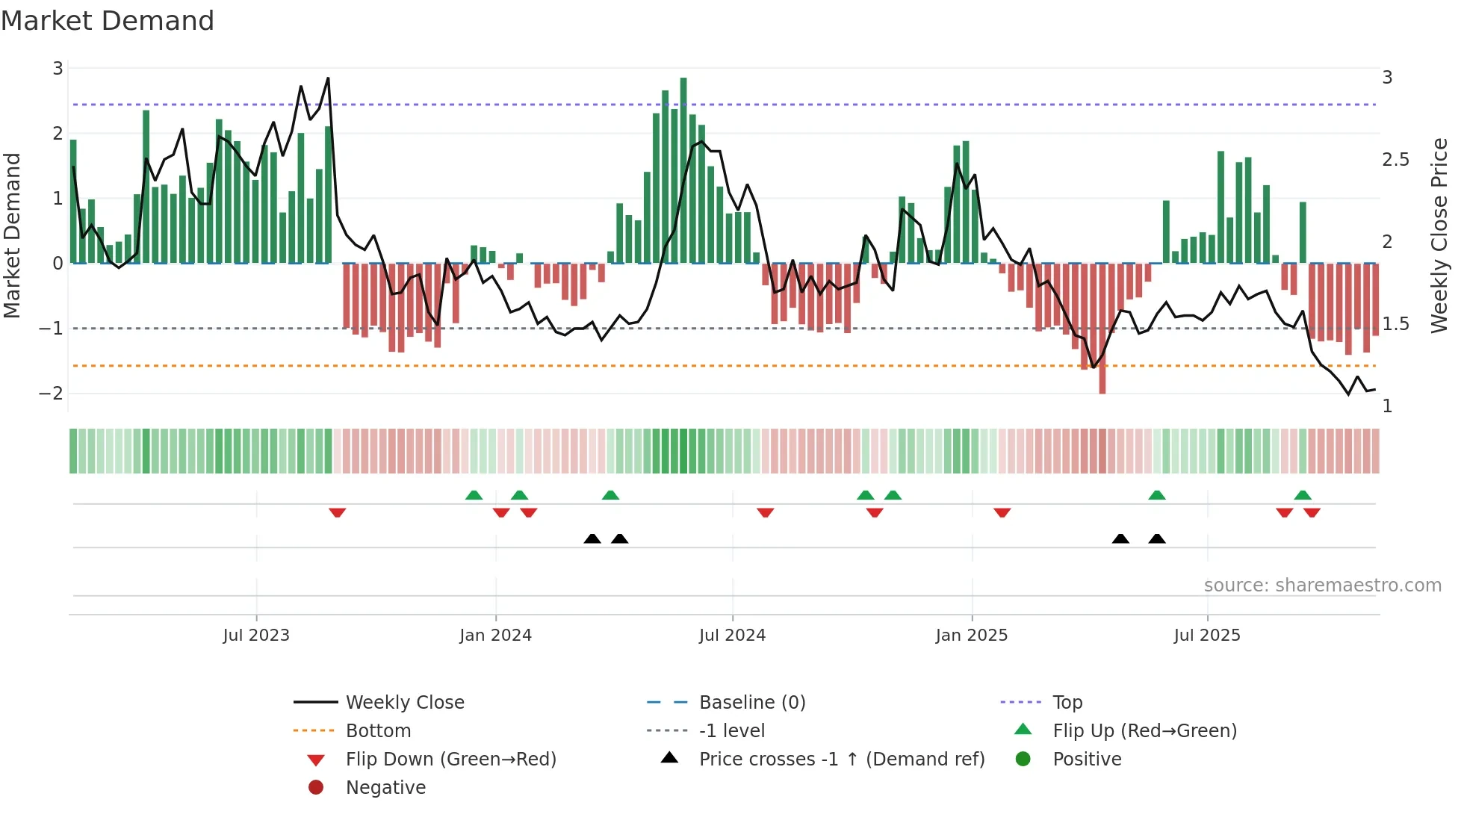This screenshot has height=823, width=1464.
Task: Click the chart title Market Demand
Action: coord(108,21)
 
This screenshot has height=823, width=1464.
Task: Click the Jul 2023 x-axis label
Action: coord(255,636)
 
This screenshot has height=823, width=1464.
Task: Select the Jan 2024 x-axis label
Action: coord(495,636)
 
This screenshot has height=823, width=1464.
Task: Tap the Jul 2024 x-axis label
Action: coord(732,636)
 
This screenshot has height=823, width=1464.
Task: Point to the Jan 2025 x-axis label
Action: coord(971,636)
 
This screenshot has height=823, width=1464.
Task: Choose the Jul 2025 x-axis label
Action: coord(1206,636)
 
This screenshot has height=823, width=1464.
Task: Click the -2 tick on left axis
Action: coord(51,394)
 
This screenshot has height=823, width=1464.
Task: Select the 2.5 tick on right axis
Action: coord(1395,160)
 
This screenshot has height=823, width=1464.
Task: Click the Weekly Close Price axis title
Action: coord(1439,235)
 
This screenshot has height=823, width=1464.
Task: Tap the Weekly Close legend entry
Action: coord(405,703)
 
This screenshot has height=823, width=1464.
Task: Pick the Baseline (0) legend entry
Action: coord(751,703)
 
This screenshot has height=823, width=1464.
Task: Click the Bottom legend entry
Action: coord(378,731)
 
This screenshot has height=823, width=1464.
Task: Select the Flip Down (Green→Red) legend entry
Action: coord(450,760)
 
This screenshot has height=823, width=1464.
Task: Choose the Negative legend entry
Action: coord(385,788)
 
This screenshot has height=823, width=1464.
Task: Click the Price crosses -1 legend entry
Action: coord(841,760)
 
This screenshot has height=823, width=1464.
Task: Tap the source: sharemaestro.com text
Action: coord(1322,586)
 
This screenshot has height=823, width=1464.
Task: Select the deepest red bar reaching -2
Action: coord(1102,329)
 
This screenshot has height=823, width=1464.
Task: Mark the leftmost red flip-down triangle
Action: coord(337,512)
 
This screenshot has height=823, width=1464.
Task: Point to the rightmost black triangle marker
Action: coord(1157,538)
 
